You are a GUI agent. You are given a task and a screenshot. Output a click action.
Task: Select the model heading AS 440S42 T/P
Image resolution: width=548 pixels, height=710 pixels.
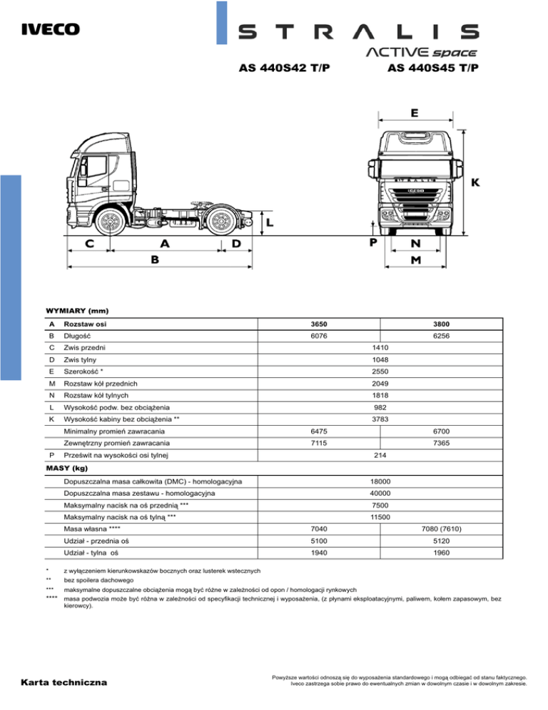click(283, 69)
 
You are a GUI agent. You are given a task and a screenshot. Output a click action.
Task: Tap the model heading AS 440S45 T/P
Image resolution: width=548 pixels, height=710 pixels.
click(432, 69)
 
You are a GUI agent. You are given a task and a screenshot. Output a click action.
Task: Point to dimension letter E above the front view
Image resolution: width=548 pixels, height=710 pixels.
click(415, 113)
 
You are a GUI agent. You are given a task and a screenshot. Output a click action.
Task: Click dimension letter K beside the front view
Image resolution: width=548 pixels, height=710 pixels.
click(474, 184)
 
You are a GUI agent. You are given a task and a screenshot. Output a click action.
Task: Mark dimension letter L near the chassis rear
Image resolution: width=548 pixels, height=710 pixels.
click(269, 223)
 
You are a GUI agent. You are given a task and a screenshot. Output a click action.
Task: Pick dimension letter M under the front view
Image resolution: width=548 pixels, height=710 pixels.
click(415, 261)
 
